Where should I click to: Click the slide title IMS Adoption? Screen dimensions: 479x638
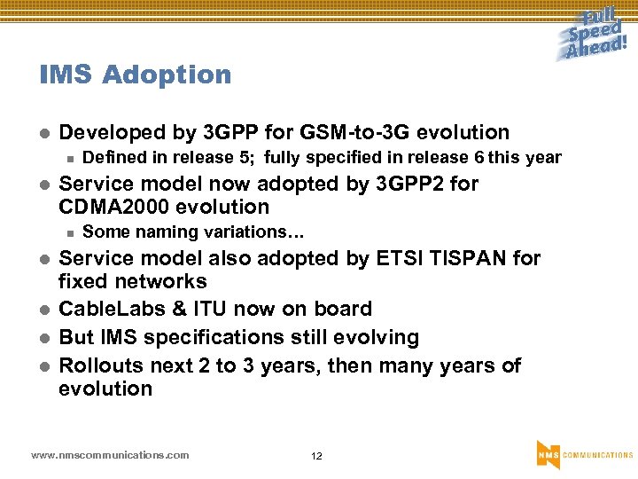135,75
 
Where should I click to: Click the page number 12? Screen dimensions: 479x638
316,456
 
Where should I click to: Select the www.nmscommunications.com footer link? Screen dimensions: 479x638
110,455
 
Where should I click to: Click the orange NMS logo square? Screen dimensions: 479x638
548,454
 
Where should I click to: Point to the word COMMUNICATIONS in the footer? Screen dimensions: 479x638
598,455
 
